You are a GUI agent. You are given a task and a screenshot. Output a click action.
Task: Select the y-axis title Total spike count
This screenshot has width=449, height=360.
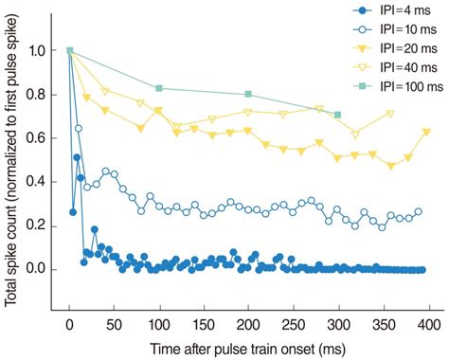12,161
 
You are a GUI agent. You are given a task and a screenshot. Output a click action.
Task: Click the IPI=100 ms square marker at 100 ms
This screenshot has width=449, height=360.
159,88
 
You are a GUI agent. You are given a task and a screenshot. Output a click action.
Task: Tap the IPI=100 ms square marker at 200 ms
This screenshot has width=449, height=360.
248,94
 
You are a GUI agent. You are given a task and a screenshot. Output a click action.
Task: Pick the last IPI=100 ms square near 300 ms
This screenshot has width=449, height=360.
337,115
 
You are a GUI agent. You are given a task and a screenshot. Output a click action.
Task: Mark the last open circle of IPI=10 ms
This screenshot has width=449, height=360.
418,212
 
